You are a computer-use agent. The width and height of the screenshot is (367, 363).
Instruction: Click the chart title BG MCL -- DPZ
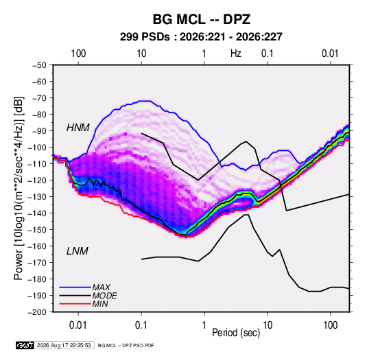click(202, 19)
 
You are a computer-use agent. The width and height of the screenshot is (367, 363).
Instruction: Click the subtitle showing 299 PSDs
click(201, 37)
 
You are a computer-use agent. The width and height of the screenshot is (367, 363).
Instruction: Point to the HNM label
click(78, 128)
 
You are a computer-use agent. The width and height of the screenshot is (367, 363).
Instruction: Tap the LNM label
click(78, 251)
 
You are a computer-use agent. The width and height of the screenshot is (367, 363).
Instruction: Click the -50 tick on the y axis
click(39, 65)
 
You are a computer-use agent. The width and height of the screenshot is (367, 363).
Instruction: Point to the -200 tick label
click(37, 312)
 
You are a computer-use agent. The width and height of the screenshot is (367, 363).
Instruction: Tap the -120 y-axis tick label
click(37, 180)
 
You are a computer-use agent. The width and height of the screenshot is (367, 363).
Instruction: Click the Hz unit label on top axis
click(236, 54)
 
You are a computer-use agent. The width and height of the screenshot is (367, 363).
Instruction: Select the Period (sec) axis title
click(236, 332)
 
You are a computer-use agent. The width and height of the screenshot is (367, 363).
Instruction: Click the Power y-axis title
click(19, 189)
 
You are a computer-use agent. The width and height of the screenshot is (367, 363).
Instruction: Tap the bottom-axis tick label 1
click(204, 325)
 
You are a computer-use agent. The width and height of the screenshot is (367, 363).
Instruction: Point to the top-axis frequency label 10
click(141, 54)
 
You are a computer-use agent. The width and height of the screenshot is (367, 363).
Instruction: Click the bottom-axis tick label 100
click(330, 325)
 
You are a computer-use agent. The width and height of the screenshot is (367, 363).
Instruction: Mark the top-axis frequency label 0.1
click(267, 54)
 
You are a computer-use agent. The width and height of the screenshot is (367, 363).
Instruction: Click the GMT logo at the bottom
click(25, 345)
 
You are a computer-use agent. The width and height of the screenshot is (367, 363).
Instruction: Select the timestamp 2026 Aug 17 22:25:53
click(64, 345)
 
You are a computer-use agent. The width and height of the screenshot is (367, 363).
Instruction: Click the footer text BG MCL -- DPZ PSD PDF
click(126, 345)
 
